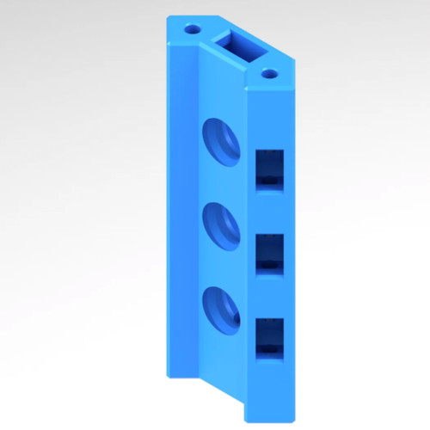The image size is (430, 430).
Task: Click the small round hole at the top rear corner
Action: click(191, 28)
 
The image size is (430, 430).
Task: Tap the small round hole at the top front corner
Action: click(270, 74)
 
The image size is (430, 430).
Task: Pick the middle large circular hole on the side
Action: click(222, 225)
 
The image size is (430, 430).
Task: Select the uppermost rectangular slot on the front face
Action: click(270, 168)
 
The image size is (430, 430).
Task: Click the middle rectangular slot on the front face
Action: click(270, 253)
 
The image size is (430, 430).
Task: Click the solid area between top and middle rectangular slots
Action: click(270, 211)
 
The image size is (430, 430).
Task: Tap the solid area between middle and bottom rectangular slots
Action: click(270, 295)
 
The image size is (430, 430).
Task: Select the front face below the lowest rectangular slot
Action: click(270, 387)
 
